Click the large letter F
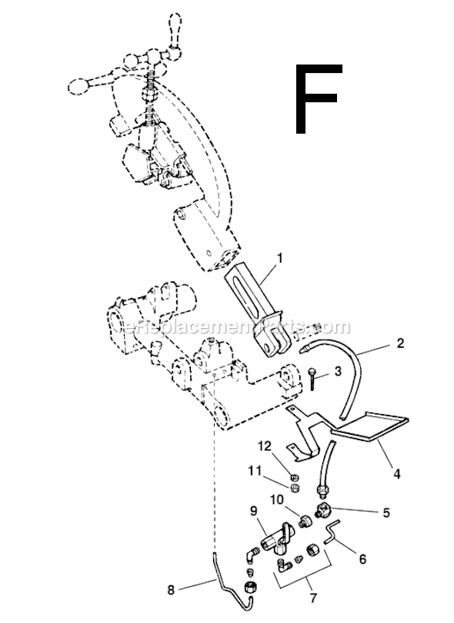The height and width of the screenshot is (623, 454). (319, 98)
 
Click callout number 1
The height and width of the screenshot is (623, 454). (280, 258)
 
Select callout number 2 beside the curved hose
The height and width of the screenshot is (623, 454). (400, 343)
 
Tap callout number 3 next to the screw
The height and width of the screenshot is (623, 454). (338, 372)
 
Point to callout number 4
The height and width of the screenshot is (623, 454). (396, 474)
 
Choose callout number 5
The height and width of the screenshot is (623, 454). (386, 512)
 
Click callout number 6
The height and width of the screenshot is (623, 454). (362, 559)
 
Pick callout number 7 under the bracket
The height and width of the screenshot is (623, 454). (313, 598)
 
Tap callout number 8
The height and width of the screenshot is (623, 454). (171, 590)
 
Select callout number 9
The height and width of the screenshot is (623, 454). (254, 511)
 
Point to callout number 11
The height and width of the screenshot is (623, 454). (255, 471)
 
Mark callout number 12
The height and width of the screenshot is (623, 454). (265, 446)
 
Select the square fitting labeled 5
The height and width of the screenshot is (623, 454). (323, 509)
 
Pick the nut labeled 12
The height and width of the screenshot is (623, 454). (295, 478)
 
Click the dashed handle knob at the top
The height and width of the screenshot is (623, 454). (175, 24)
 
